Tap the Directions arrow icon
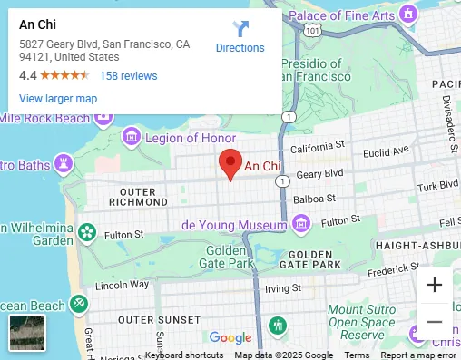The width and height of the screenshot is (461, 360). tap(240, 28)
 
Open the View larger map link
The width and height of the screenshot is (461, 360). tap(57, 98)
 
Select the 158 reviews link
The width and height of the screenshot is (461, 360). tap(128, 76)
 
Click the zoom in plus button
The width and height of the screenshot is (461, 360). tap(435, 285)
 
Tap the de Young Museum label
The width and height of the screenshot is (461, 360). tap(234, 222)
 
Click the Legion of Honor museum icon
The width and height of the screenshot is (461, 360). tap(131, 137)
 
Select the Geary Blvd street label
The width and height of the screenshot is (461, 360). tap(321, 172)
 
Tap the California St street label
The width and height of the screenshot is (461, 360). tap(318, 145)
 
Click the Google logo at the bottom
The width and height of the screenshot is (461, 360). tap(230, 338)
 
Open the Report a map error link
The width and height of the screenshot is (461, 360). tap(419, 355)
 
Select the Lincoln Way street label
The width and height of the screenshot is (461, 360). tap(122, 284)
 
